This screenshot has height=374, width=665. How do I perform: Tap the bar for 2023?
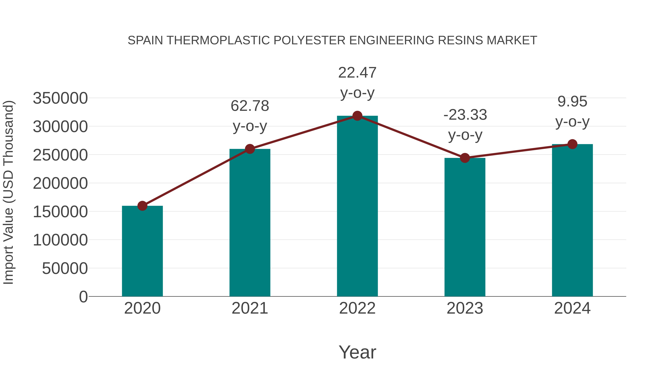click(465, 227)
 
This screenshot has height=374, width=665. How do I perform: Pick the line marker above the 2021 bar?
click(250, 149)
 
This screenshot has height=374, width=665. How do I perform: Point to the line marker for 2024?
click(572, 144)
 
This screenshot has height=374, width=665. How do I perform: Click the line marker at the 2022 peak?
click(357, 116)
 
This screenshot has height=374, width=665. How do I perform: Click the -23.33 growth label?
click(465, 125)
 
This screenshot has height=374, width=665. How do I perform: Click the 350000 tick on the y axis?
click(60, 98)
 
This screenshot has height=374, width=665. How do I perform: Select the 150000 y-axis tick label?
click(60, 212)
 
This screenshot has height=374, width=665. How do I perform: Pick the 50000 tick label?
click(65, 268)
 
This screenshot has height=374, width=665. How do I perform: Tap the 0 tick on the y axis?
click(83, 297)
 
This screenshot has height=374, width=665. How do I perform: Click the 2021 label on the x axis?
click(250, 308)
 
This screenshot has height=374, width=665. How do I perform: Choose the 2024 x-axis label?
click(572, 308)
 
